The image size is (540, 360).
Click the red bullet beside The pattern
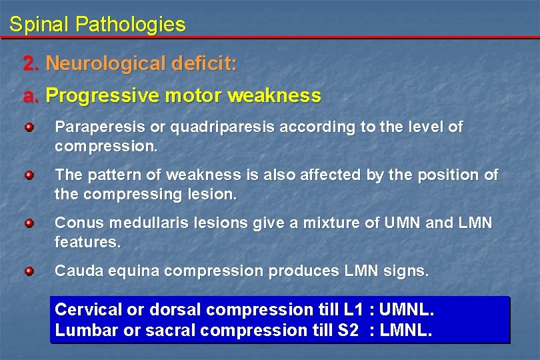point(29,175)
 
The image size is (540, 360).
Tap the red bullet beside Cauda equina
point(29,271)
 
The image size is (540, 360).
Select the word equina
point(135,272)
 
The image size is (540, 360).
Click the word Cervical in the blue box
point(89,310)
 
